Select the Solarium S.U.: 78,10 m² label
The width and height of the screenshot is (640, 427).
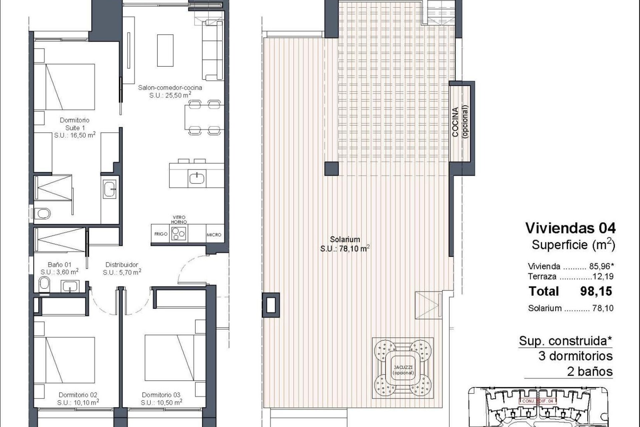tap(345, 244)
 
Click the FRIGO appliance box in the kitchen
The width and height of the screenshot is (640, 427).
tap(161, 234)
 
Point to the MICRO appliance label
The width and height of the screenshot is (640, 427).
tap(214, 235)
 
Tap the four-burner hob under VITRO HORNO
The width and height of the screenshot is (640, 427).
tap(179, 233)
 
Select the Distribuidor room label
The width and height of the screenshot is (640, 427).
tap(122, 265)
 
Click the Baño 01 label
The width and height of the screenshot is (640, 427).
tap(59, 265)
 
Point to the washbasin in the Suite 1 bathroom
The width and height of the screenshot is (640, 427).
tap(109, 189)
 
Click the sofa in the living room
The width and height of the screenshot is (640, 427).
tap(212, 50)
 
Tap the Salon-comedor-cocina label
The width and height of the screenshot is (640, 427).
tap(170, 88)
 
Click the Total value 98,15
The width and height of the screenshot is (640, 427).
tap(596, 291)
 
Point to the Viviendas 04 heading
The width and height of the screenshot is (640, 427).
tap(570, 229)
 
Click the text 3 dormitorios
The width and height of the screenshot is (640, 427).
tap(576, 356)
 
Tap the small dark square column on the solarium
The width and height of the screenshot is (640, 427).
tap(332, 168)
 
